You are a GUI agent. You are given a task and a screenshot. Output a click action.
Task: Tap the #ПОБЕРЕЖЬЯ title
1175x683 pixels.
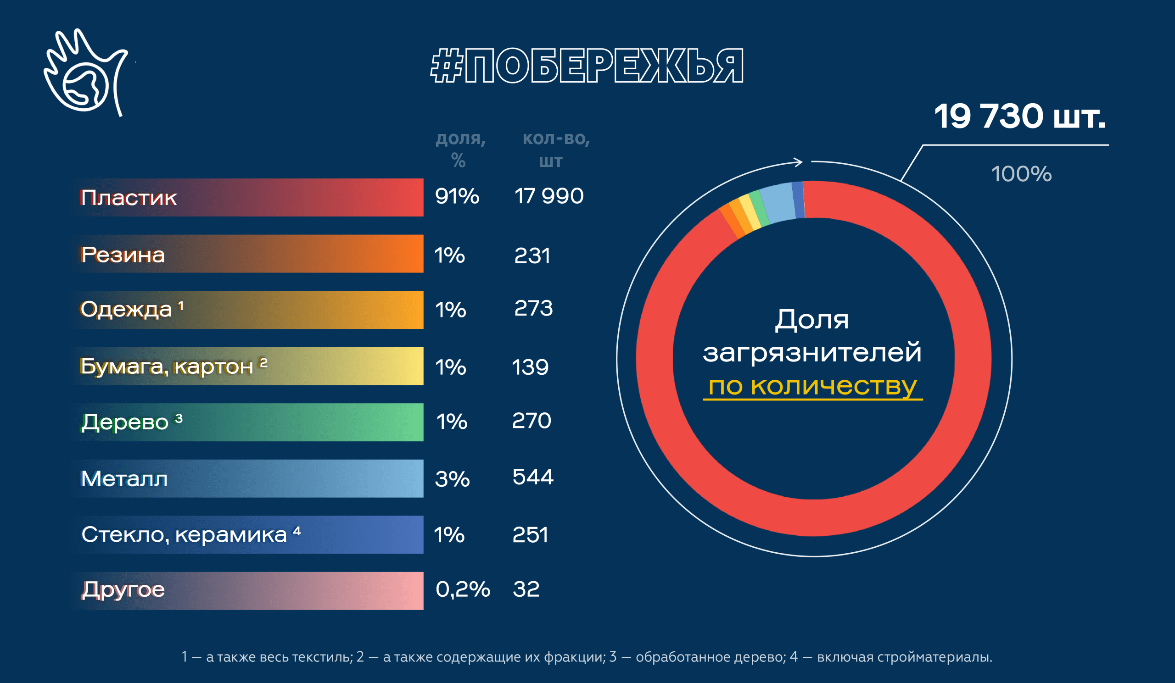click(587, 66)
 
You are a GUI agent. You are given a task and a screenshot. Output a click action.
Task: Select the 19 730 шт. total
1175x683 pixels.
click(1019, 116)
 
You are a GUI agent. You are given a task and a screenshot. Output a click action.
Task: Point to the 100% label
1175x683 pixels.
click(1021, 174)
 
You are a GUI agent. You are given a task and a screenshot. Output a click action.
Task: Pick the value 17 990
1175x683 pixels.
click(548, 196)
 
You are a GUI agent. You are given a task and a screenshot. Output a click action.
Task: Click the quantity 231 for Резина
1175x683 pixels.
click(532, 256)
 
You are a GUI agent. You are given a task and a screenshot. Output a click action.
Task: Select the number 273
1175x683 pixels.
click(533, 308)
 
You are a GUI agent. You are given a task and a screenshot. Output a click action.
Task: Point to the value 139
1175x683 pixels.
click(530, 367)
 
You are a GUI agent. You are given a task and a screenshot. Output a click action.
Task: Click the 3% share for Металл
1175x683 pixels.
click(452, 479)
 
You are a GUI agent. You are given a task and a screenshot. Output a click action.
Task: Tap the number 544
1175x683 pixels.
click(532, 477)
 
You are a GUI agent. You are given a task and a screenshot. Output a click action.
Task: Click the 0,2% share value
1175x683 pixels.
click(463, 589)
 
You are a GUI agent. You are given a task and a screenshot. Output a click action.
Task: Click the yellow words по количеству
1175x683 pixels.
click(812, 386)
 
